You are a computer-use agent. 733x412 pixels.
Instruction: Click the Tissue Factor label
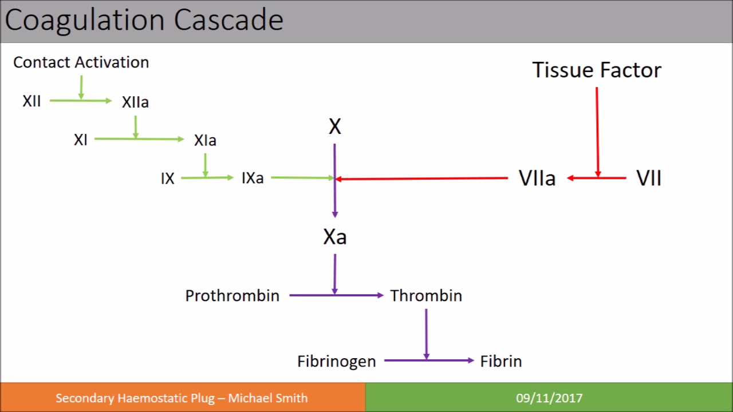pyautogui.click(x=597, y=70)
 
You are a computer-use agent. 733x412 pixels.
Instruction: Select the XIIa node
pyautogui.click(x=135, y=102)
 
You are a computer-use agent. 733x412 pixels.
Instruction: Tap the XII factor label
pyautogui.click(x=31, y=101)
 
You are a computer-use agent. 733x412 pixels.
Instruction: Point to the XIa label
pyautogui.click(x=205, y=140)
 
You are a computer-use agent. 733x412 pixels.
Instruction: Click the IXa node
pyautogui.click(x=253, y=178)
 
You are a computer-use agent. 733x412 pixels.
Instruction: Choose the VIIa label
pyautogui.click(x=537, y=178)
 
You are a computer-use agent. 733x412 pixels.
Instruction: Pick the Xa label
pyautogui.click(x=335, y=237)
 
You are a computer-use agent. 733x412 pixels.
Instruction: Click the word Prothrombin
pyautogui.click(x=232, y=296)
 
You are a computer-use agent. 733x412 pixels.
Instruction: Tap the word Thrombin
pyautogui.click(x=426, y=296)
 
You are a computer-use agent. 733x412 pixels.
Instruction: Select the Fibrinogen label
pyautogui.click(x=336, y=362)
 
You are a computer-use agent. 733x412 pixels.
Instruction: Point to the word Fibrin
pyautogui.click(x=501, y=361)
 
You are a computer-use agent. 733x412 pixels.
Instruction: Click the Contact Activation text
pyautogui.click(x=81, y=62)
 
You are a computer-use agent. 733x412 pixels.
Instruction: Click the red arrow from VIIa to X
pyautogui.click(x=422, y=179)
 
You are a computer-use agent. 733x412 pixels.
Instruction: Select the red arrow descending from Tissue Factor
pyautogui.click(x=597, y=132)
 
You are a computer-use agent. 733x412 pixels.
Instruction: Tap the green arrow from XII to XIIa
pyautogui.click(x=81, y=101)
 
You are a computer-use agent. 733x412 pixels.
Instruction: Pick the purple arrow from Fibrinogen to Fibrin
pyautogui.click(x=429, y=360)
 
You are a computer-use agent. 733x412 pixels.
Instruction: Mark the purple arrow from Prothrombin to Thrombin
pyautogui.click(x=336, y=295)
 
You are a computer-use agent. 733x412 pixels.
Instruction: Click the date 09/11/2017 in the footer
pyautogui.click(x=549, y=398)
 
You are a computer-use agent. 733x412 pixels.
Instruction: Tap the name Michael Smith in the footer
pyautogui.click(x=267, y=398)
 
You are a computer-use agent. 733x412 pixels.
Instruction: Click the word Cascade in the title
pyautogui.click(x=228, y=20)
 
